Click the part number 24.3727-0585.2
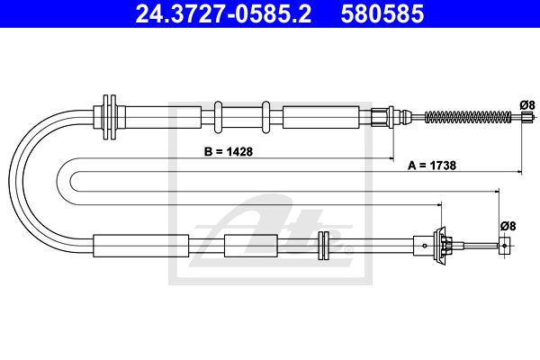tap(223, 13)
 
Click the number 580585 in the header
tap(382, 13)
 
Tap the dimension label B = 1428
tap(229, 151)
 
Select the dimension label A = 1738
tap(432, 166)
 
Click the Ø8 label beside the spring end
tap(527, 104)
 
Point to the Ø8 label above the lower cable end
tap(508, 226)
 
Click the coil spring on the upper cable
tap(468, 117)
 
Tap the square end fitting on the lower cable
tap(504, 246)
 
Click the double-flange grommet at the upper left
tap(110, 117)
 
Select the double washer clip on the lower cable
tap(324, 246)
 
